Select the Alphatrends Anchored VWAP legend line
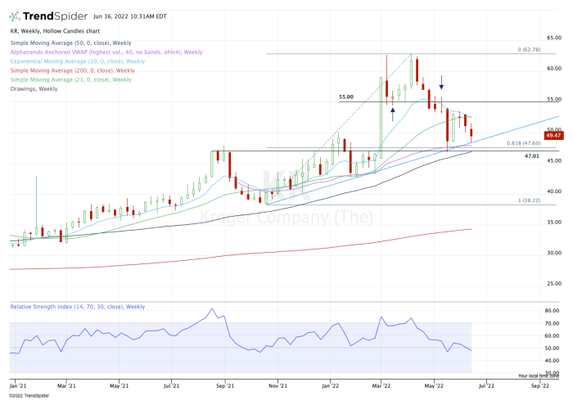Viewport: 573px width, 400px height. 106,52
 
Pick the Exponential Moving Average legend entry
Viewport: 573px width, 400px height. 77,61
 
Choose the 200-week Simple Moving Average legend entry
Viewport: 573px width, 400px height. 70,70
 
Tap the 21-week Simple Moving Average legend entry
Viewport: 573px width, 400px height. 70,80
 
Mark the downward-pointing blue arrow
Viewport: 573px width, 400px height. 442,83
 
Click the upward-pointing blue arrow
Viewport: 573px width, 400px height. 393,112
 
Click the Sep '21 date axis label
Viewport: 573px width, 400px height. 226,383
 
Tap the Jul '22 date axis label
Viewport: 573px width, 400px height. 485,383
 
